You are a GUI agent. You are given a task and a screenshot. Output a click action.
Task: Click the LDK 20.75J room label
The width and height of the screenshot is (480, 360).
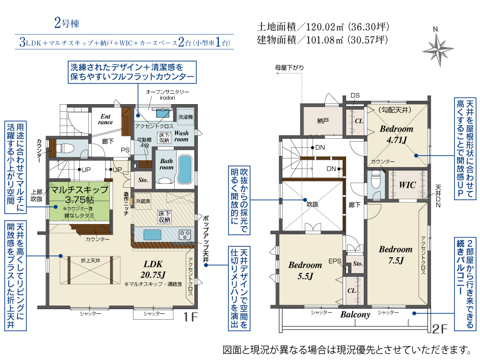(153, 269)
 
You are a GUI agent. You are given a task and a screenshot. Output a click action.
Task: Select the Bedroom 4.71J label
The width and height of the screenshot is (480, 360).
(396, 134)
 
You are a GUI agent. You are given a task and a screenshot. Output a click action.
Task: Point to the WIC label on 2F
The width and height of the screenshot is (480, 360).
(407, 185)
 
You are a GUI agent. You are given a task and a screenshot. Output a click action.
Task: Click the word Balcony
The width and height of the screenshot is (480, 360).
(355, 314)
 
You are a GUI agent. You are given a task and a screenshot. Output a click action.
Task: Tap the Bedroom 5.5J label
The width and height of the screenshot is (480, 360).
(305, 270)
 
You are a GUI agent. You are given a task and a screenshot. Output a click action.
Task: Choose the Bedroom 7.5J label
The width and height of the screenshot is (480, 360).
(396, 255)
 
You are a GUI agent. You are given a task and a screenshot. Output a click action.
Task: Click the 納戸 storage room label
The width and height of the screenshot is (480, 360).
(323, 121)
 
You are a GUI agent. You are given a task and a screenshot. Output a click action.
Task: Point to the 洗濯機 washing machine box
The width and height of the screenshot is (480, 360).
(185, 117)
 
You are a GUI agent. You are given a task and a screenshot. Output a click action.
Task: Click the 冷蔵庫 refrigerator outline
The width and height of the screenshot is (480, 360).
(143, 201)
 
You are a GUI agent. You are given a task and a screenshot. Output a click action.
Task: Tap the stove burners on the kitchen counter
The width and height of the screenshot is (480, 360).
(185, 235)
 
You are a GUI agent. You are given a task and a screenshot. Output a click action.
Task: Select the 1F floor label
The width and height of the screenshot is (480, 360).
(190, 317)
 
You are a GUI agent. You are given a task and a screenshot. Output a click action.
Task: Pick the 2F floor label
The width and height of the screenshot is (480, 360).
(440, 329)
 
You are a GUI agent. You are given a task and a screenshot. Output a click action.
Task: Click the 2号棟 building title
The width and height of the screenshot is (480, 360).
(67, 23)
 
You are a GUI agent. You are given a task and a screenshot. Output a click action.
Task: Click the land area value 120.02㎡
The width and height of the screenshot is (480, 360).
(325, 27)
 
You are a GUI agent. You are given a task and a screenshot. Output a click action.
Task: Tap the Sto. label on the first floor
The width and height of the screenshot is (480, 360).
(143, 180)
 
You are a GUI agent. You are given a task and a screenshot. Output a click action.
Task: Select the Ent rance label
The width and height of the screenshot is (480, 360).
(105, 119)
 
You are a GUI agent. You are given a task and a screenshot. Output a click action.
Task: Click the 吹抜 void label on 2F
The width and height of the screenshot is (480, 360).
(312, 204)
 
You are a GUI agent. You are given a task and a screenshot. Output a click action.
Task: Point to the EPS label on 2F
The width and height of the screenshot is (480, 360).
(335, 261)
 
